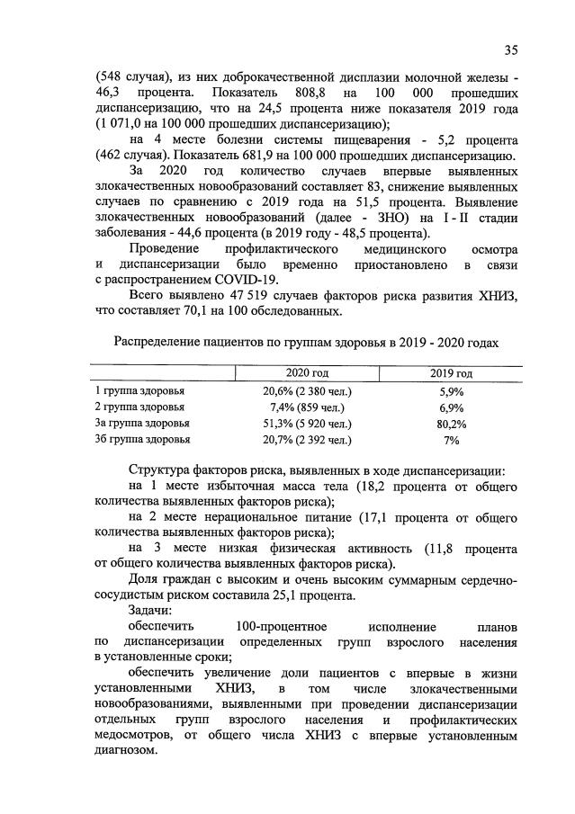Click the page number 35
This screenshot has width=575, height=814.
(x=511, y=49)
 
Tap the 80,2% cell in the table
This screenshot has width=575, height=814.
(x=451, y=424)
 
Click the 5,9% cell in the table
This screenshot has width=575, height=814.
(x=451, y=390)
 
